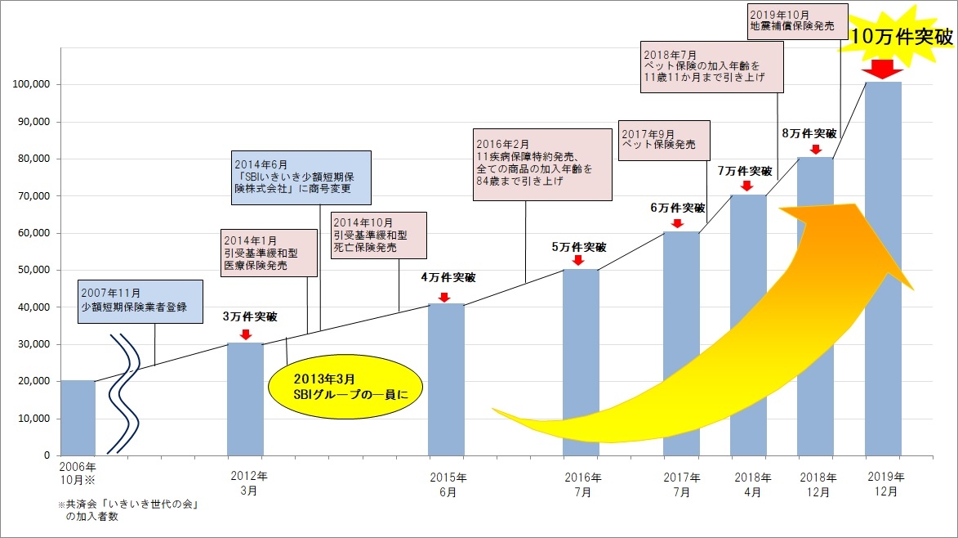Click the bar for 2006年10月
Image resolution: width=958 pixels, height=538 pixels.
coord(78,418)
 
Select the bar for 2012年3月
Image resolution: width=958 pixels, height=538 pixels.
coord(245,399)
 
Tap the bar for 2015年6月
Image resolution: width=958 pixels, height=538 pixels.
coord(446,379)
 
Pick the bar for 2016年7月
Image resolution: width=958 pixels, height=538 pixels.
coord(581,362)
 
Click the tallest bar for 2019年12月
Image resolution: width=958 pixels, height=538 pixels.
coord(883,268)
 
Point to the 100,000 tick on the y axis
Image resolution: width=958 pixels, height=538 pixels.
coord(33,85)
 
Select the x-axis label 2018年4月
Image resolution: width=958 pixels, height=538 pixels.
coord(752,485)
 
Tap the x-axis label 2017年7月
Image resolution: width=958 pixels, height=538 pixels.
coord(682,485)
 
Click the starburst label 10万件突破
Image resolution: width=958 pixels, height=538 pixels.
coord(901,36)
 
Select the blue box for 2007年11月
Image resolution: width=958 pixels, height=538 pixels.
coord(140,300)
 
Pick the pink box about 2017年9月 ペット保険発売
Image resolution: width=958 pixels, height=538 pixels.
coord(664,139)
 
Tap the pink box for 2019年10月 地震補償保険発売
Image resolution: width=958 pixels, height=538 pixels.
coord(793,20)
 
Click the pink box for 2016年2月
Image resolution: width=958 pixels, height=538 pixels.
coord(541,164)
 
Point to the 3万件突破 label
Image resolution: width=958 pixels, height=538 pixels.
coord(249,317)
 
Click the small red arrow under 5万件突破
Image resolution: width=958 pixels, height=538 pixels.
coord(577,260)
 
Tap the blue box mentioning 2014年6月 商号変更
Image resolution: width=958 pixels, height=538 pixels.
coord(301,177)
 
